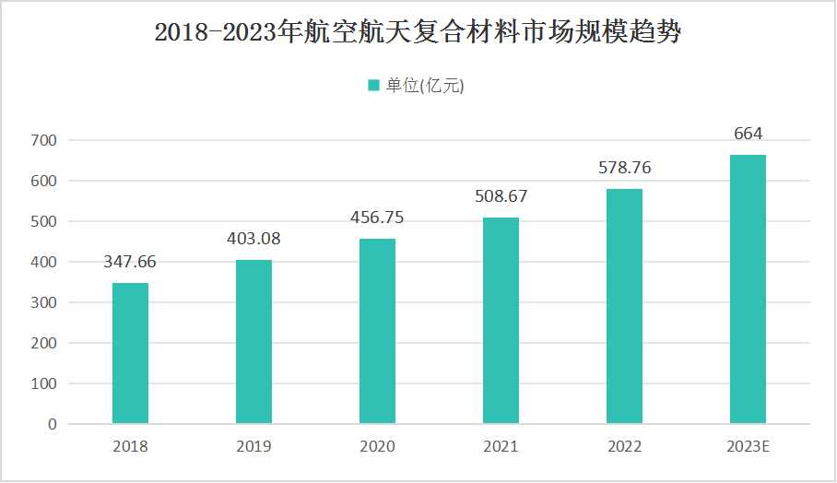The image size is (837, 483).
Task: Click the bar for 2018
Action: [x=130, y=353]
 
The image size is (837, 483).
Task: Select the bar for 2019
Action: [x=253, y=342]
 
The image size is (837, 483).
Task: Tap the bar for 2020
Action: [x=377, y=331]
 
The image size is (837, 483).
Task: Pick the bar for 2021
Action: [x=501, y=321]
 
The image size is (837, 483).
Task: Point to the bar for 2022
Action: [x=624, y=306]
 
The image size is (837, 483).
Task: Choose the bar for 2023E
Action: [x=748, y=289]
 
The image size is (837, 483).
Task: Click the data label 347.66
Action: [x=130, y=262]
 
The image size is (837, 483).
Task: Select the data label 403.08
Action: [x=253, y=239]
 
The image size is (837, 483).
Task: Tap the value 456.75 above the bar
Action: [x=377, y=218]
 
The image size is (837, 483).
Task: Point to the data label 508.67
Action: [x=501, y=196]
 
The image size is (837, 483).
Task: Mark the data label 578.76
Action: [x=624, y=168]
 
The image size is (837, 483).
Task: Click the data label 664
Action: [x=748, y=134]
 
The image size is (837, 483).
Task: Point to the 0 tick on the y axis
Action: [x=52, y=424]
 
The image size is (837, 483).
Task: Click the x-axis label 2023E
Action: [x=748, y=447]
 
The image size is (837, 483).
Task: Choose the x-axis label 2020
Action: [x=377, y=447]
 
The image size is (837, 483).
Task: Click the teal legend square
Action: [x=373, y=86]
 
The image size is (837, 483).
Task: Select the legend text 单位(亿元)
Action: [x=425, y=86]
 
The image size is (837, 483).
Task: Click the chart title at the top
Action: [x=418, y=34]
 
